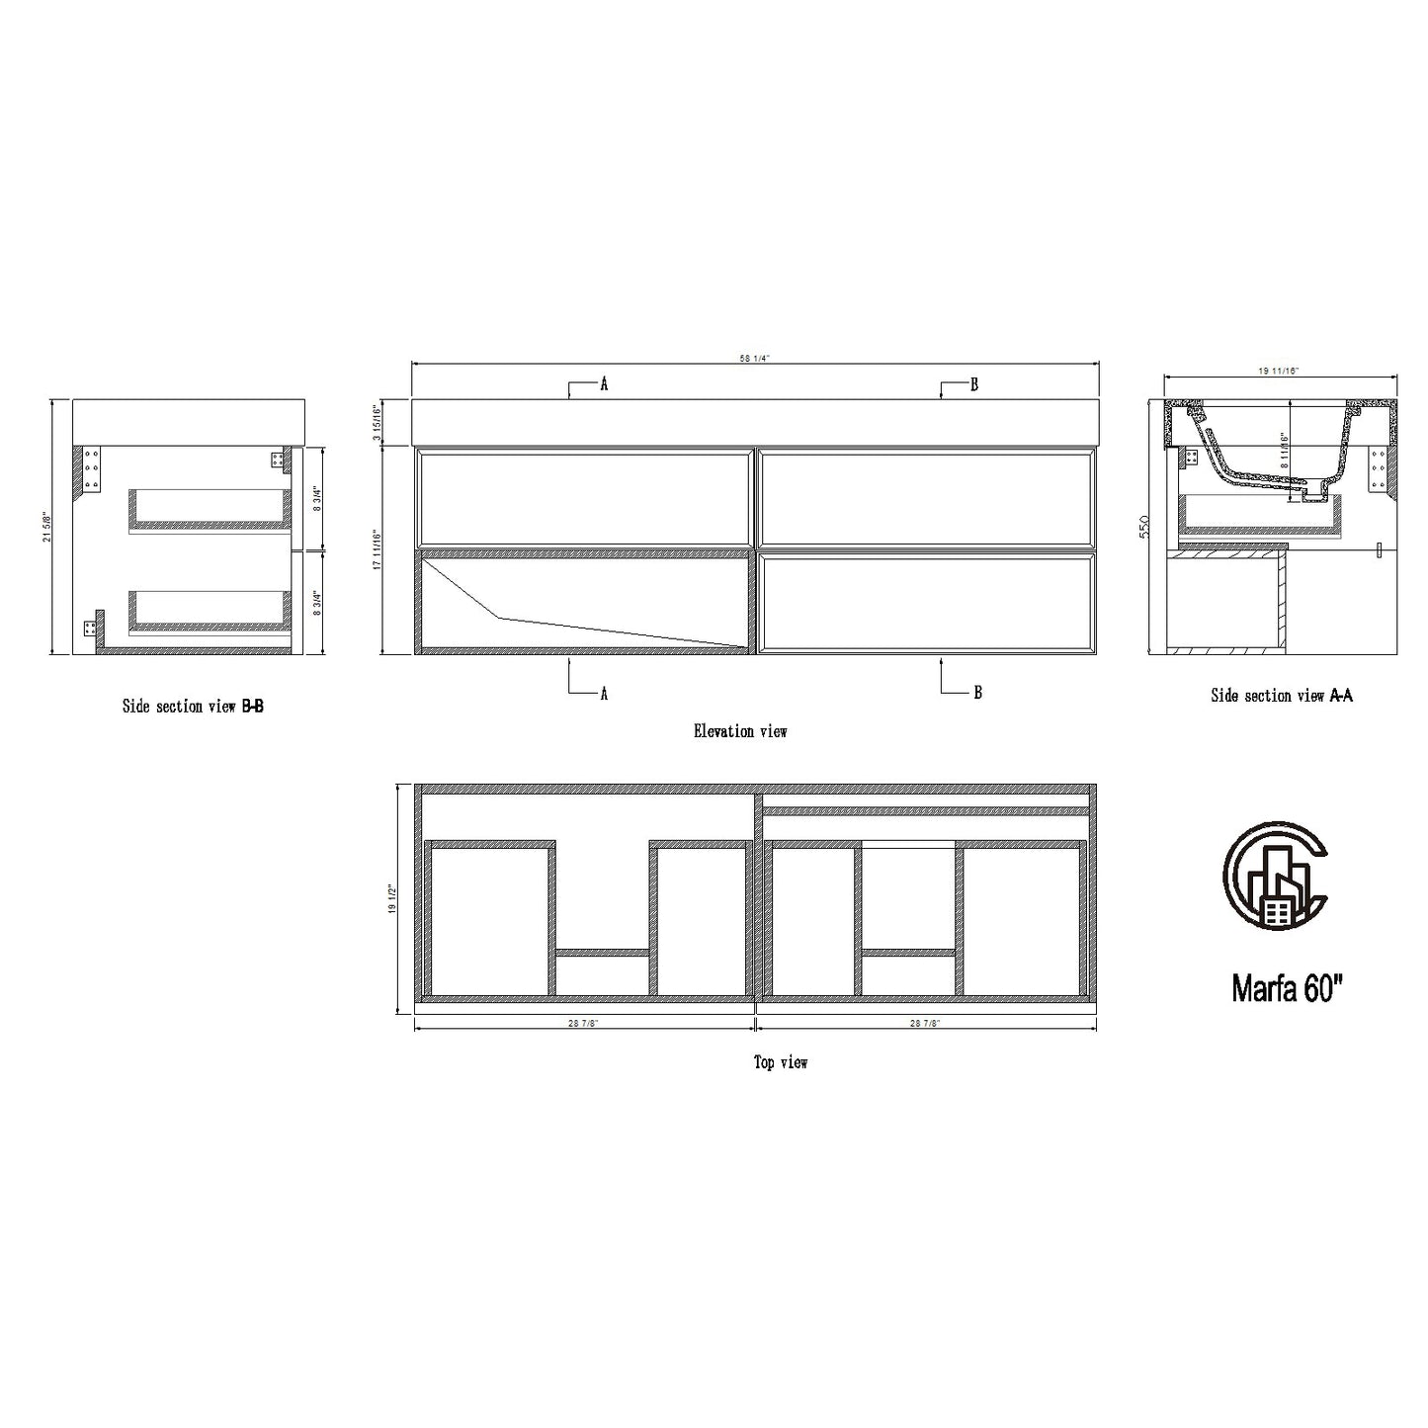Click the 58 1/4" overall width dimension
click(x=754, y=359)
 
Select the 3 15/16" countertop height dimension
click(x=377, y=422)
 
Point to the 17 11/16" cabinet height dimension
click(x=377, y=550)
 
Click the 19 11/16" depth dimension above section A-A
click(x=1279, y=371)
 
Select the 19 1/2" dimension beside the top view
click(x=392, y=898)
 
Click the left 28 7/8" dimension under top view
click(x=583, y=1024)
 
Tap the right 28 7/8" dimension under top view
click(x=924, y=1024)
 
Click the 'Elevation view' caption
click(x=740, y=731)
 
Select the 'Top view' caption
click(x=781, y=1062)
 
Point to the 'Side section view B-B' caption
click(x=193, y=707)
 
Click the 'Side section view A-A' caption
click(x=1282, y=696)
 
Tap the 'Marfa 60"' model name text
click(x=1287, y=988)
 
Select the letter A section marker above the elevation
click(x=603, y=384)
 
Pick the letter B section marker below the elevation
click(x=977, y=693)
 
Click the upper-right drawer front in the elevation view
click(x=925, y=497)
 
